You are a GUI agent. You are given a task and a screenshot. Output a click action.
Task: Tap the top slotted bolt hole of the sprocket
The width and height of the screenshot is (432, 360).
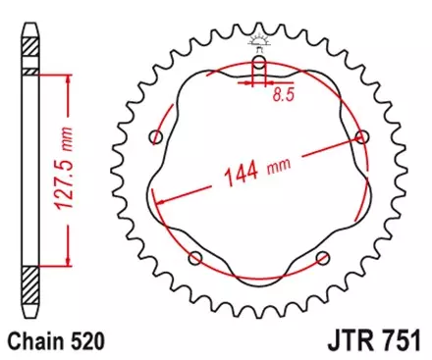point(258,66)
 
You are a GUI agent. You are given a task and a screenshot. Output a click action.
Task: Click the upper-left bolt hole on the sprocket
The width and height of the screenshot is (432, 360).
point(154,135)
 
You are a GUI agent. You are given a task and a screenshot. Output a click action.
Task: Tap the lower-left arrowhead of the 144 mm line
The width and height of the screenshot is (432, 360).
point(157,201)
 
